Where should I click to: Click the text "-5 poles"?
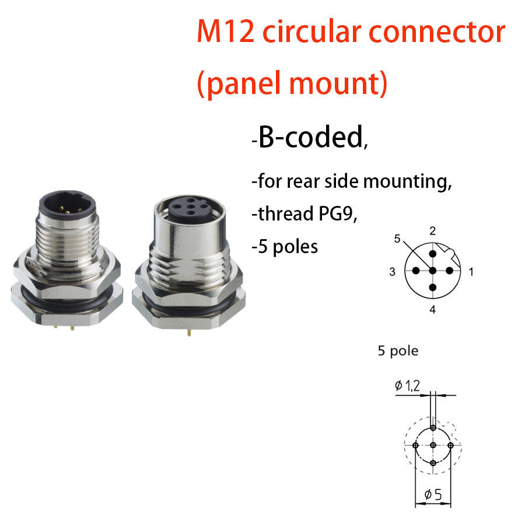click(x=285, y=246)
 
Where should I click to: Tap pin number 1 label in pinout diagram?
click(x=471, y=271)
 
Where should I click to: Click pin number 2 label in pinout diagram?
click(x=432, y=232)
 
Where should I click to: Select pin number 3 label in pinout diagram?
click(x=393, y=271)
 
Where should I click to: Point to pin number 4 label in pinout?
click(x=432, y=310)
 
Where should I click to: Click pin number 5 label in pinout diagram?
click(x=397, y=239)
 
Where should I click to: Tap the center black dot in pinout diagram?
click(x=432, y=271)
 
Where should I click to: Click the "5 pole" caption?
click(x=398, y=351)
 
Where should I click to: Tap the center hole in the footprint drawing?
click(x=433, y=445)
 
